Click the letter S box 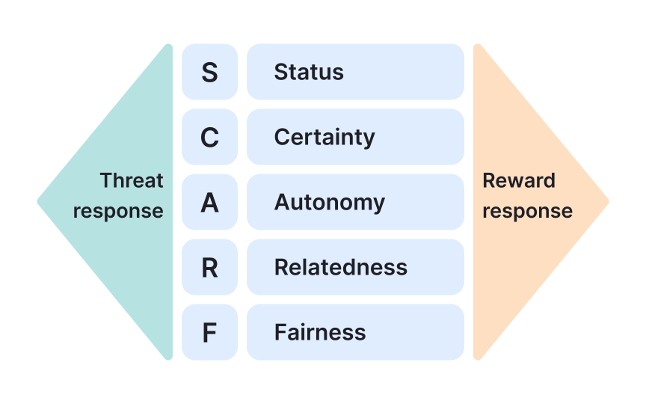(209, 72)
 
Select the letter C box (209, 137)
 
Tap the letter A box (209, 202)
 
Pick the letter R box (209, 267)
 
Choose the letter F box (209, 332)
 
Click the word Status (309, 72)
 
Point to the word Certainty (324, 138)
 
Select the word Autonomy (329, 203)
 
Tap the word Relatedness (340, 267)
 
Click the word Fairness (320, 332)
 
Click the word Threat (132, 180)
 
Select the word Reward (519, 180)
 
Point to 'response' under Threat (118, 212)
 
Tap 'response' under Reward (527, 212)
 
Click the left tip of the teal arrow (40, 201)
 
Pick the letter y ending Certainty (369, 140)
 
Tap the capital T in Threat (105, 180)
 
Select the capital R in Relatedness (281, 267)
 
